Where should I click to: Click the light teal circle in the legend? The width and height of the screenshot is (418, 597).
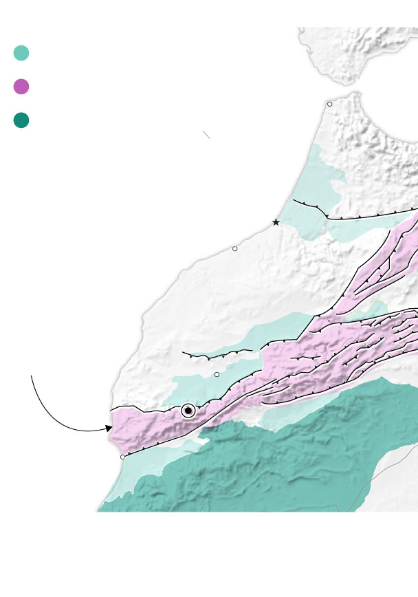(21, 53)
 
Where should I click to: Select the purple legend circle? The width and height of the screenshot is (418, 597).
(21, 87)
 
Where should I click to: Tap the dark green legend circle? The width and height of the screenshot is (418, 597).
(21, 120)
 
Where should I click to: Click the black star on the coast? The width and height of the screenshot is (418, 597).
(276, 222)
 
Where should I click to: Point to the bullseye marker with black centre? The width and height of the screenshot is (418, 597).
(188, 411)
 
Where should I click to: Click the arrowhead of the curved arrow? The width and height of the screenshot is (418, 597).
(109, 428)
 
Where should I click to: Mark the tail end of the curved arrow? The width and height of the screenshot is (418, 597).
(32, 376)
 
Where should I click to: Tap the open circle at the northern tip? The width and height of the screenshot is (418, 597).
(329, 104)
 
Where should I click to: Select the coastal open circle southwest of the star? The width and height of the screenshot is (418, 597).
(234, 248)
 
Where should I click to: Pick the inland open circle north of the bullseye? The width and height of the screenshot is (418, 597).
(217, 374)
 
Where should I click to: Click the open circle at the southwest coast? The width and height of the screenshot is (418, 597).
(122, 457)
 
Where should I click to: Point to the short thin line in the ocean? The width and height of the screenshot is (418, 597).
(206, 135)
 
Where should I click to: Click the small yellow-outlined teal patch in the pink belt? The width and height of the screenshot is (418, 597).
(375, 307)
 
